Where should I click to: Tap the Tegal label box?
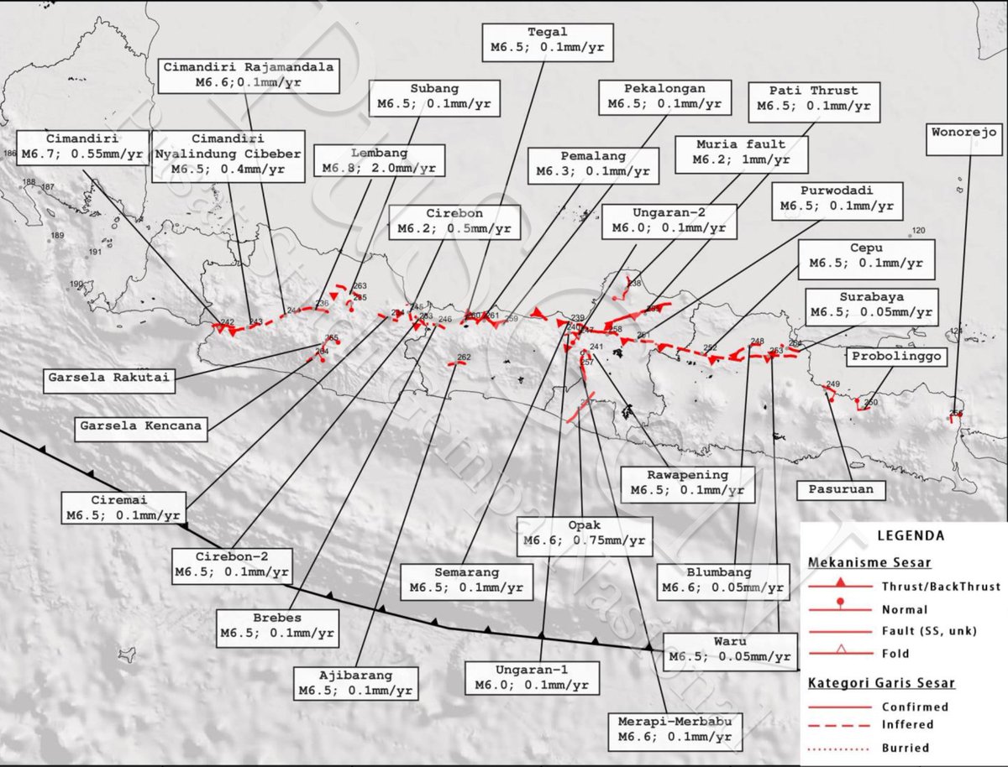(547, 41)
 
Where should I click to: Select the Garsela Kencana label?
(140, 426)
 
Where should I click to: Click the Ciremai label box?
(123, 507)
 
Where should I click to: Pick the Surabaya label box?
(870, 305)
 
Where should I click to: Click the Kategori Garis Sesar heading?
(882, 683)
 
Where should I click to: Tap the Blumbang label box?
(722, 580)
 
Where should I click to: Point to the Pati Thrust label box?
(814, 98)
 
